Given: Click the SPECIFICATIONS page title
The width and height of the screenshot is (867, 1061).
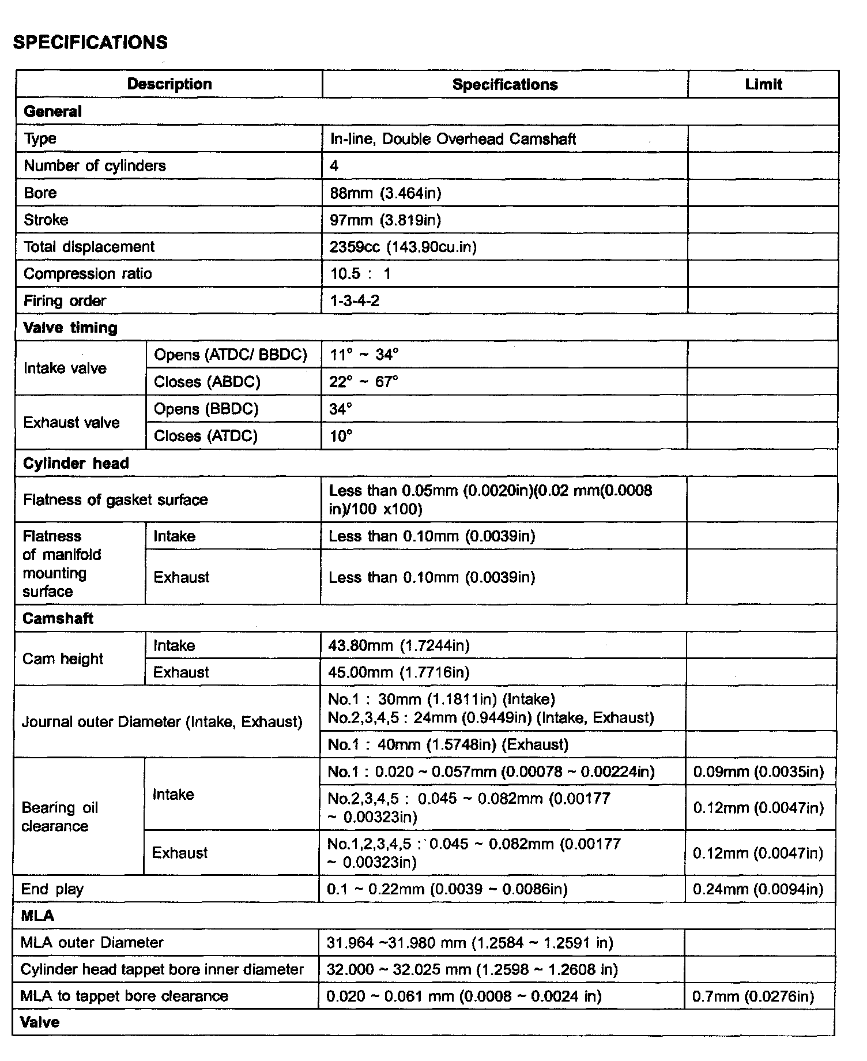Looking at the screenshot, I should tap(91, 42).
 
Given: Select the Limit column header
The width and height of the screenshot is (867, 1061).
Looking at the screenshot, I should tap(763, 84).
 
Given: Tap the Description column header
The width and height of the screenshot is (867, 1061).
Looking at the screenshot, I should tap(169, 84).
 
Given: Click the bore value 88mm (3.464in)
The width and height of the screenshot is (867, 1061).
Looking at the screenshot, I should tap(386, 193).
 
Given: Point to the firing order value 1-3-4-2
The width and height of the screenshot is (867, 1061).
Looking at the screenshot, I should tap(355, 300).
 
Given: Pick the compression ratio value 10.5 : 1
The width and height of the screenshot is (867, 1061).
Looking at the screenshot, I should tap(360, 273).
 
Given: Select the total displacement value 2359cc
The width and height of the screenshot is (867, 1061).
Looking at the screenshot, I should tap(403, 247).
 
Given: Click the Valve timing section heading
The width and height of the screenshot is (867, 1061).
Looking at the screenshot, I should tap(70, 328).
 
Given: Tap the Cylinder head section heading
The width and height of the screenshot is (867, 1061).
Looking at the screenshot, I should tap(76, 463).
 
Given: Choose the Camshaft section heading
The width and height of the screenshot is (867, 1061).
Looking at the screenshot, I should tap(58, 618).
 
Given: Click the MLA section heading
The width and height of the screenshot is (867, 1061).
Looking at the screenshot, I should tap(37, 916).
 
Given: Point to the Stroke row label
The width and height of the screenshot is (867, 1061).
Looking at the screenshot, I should tap(46, 220).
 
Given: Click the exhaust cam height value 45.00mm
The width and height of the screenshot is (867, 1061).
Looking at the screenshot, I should tap(398, 672).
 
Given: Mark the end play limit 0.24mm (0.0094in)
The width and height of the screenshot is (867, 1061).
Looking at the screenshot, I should tap(758, 889).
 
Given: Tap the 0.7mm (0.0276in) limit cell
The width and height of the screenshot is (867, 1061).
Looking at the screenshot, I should tap(753, 996).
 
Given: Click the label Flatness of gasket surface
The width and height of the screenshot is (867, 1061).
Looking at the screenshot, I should tap(115, 499).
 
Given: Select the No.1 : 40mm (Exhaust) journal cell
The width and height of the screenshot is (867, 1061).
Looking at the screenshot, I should tap(448, 744).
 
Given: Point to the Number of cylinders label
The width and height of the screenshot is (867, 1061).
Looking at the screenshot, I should tap(95, 165).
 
